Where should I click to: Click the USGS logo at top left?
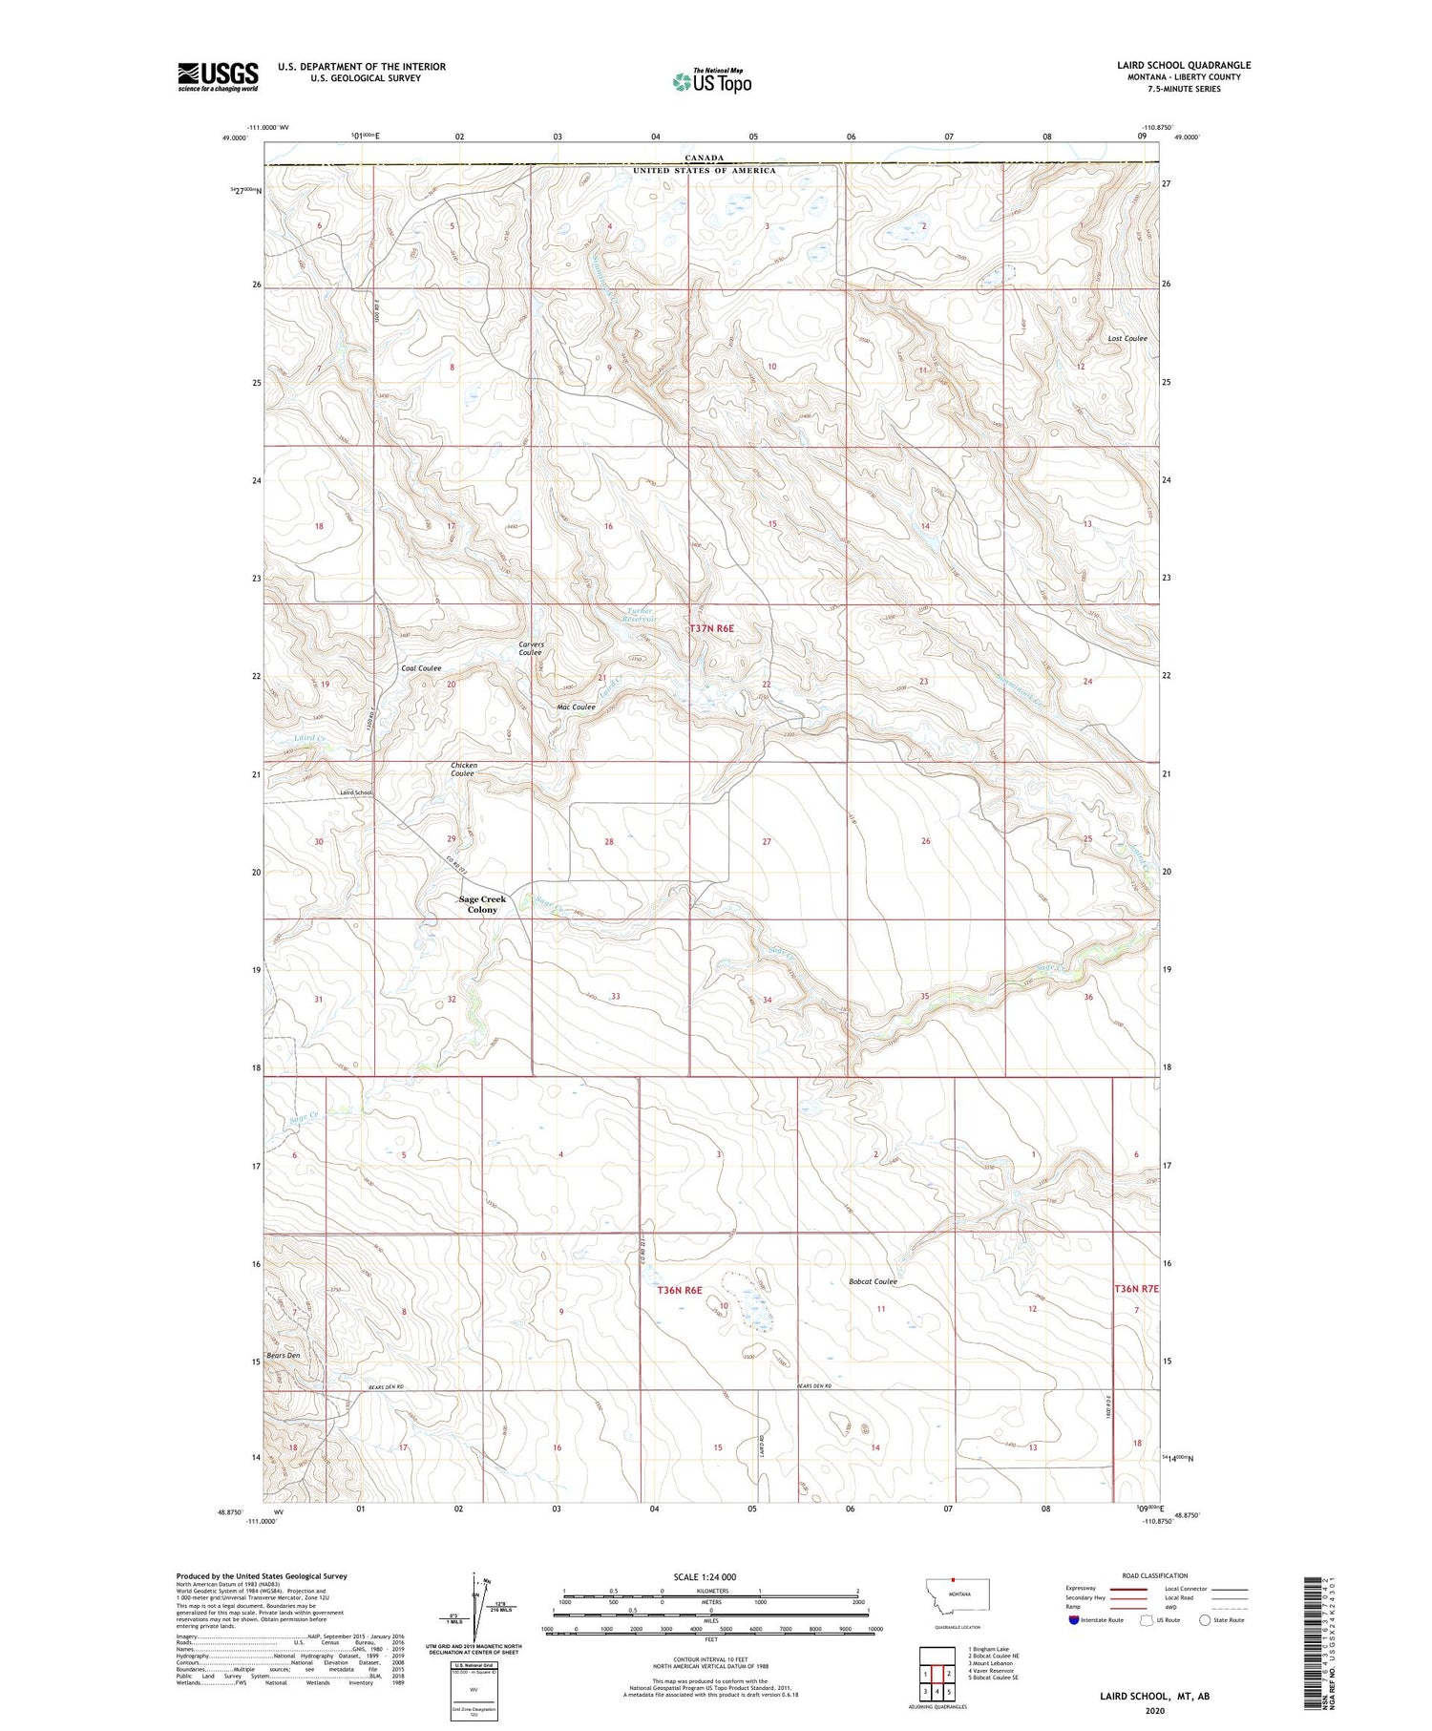pyautogui.click(x=218, y=76)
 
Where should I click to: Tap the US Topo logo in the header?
pyautogui.click(x=711, y=82)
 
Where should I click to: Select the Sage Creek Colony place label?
pyautogui.click(x=482, y=904)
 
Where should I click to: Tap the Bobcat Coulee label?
pyautogui.click(x=873, y=1281)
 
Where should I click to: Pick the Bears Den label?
pyautogui.click(x=284, y=1355)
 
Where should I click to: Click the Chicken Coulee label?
pyautogui.click(x=464, y=769)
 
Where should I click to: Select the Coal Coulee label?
pyautogui.click(x=421, y=668)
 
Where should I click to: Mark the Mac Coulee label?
pyautogui.click(x=576, y=707)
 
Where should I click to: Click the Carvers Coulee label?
pyautogui.click(x=531, y=648)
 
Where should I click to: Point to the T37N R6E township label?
pyautogui.click(x=712, y=628)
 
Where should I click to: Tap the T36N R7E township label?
pyautogui.click(x=1136, y=1288)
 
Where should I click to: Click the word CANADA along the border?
pyautogui.click(x=704, y=158)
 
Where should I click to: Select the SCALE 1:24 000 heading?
pyautogui.click(x=705, y=1576)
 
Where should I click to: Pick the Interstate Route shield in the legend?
pyautogui.click(x=1075, y=1620)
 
